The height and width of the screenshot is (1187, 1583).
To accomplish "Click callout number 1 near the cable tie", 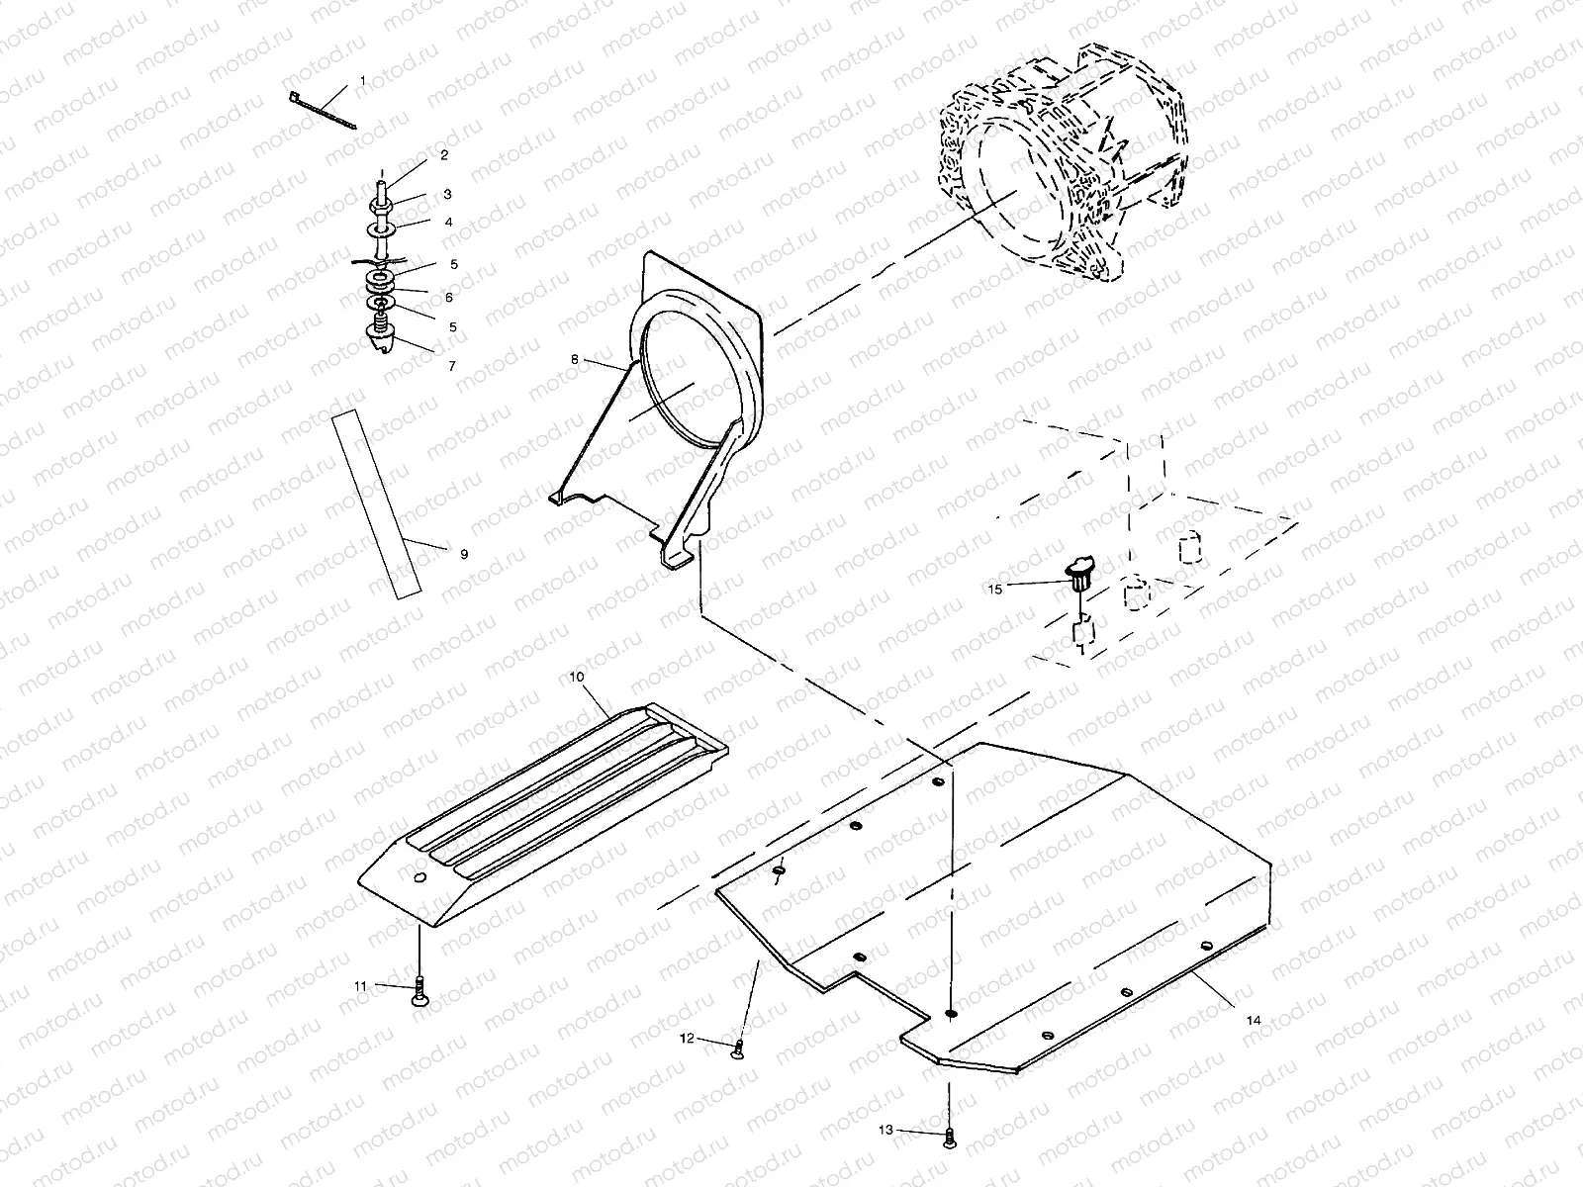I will click(362, 79).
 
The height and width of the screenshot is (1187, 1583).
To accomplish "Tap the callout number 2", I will click(444, 155).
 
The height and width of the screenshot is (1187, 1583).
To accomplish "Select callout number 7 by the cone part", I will click(452, 366).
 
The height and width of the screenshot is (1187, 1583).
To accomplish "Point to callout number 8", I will click(574, 360).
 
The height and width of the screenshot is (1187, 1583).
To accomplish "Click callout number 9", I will click(464, 554).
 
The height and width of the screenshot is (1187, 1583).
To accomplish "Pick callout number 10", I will click(578, 677).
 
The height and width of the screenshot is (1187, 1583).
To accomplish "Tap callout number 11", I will click(361, 985).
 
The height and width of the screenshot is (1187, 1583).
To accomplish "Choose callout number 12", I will click(688, 1039).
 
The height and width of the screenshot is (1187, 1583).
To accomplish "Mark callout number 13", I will click(885, 1129).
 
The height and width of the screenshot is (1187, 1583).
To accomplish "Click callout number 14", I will click(1255, 1020).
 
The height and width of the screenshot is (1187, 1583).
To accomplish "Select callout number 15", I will click(995, 589).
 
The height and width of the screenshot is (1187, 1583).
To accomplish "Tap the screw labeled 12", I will click(737, 1049).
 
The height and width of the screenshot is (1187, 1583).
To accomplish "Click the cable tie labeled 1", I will click(322, 108).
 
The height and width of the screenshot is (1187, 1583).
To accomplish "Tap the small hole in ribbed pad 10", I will click(419, 877).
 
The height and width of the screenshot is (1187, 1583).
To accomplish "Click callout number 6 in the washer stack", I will click(449, 298).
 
